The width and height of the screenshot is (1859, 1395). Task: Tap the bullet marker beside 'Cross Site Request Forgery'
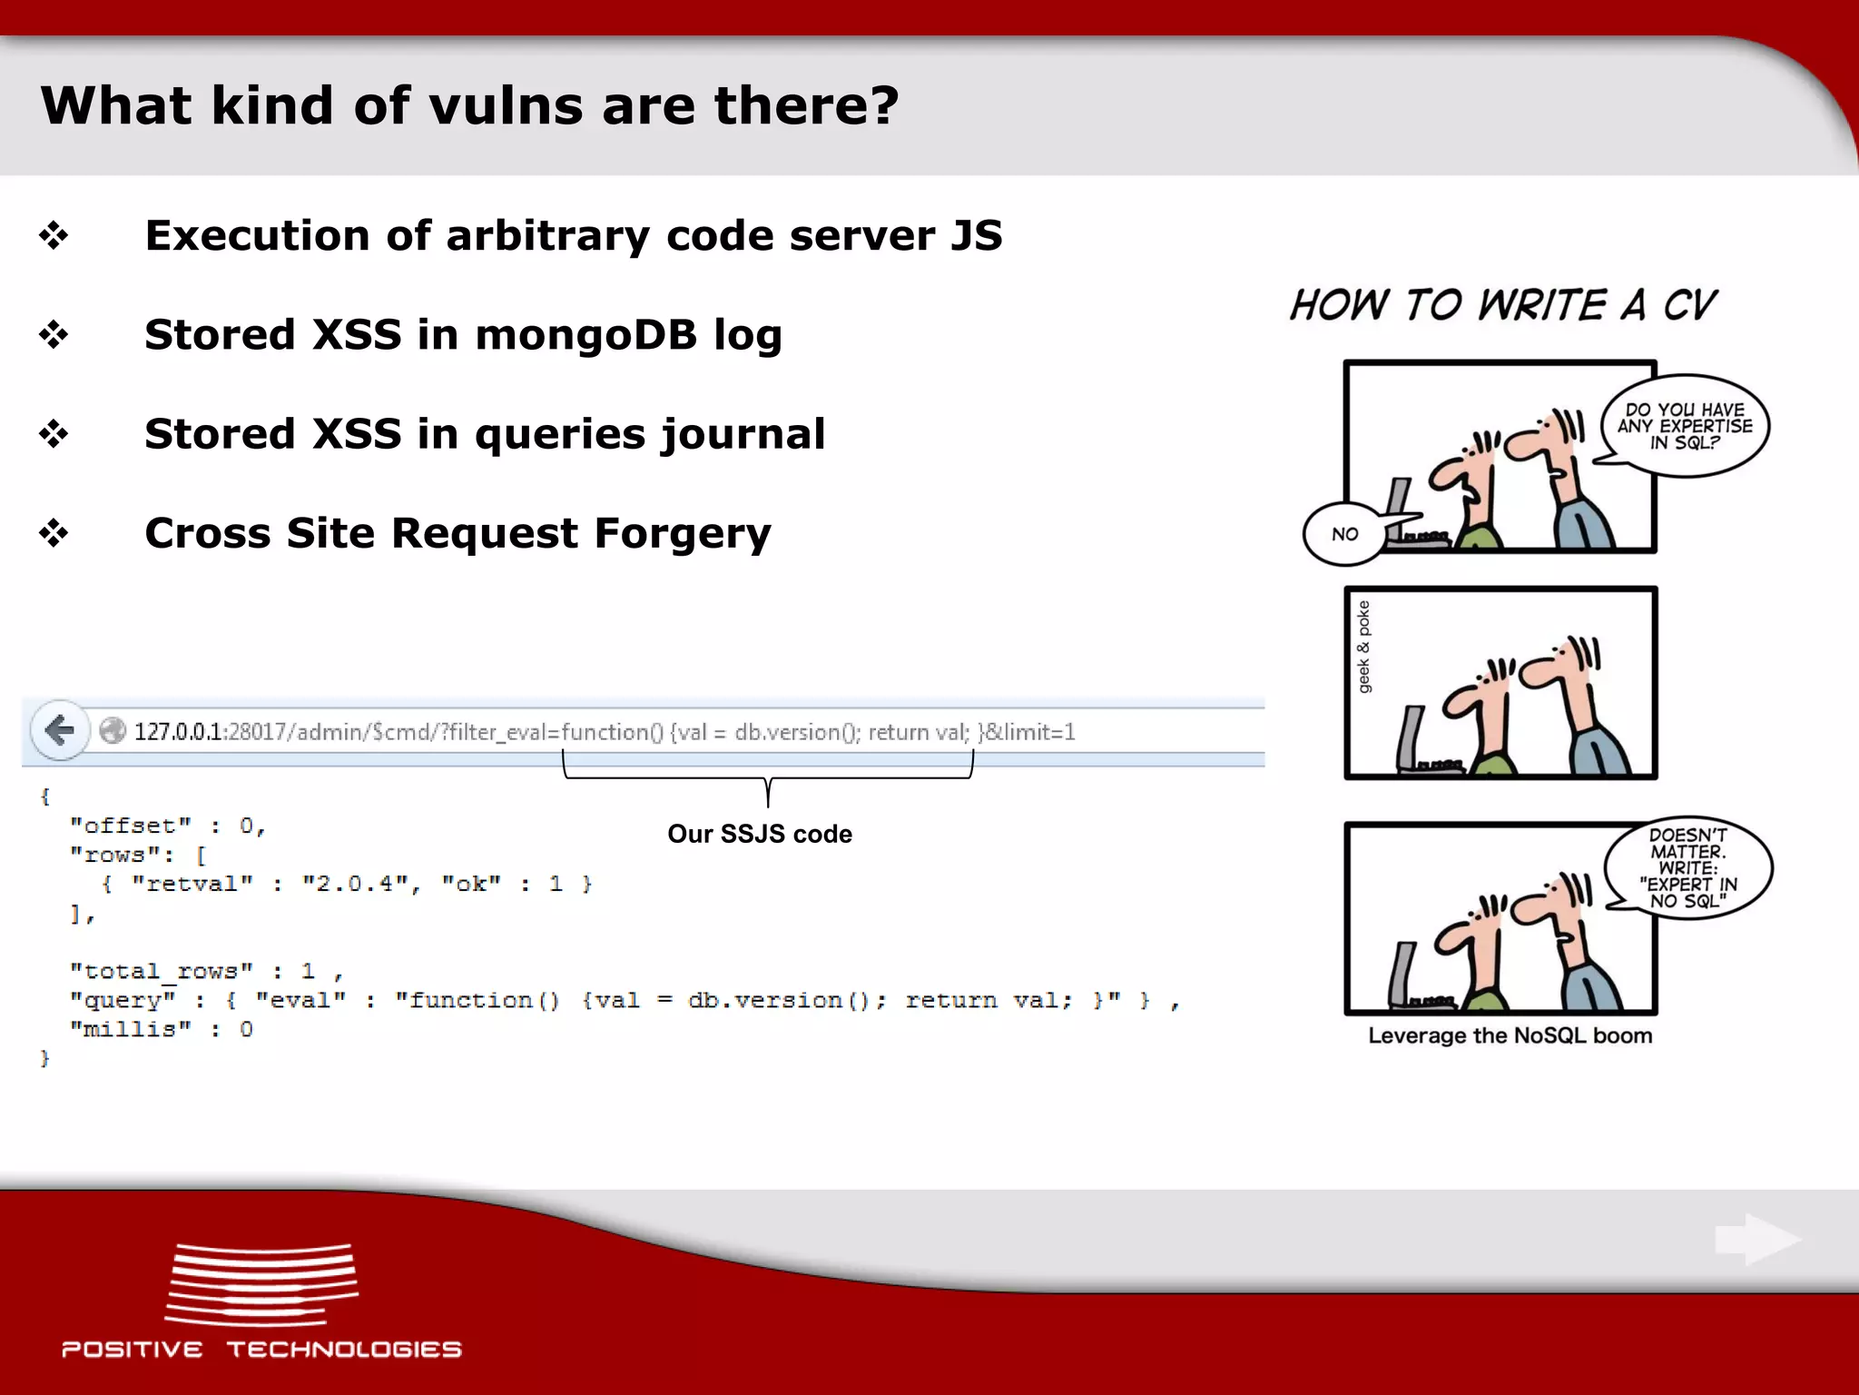tap(54, 533)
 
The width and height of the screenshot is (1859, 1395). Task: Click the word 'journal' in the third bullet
tap(743, 434)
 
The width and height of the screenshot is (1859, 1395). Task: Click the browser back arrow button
tap(60, 730)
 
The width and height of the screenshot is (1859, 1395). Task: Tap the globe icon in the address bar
tap(113, 731)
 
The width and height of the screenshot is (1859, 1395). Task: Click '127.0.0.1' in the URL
tap(178, 732)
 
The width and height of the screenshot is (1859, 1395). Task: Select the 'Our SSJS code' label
tap(760, 834)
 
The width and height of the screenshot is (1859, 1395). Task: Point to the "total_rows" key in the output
tap(162, 971)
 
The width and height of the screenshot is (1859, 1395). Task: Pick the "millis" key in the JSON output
tap(131, 1029)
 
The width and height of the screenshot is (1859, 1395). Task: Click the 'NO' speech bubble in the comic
tap(1344, 534)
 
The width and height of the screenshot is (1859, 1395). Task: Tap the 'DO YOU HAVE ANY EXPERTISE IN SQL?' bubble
tap(1685, 426)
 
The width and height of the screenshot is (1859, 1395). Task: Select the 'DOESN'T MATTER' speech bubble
tap(1688, 867)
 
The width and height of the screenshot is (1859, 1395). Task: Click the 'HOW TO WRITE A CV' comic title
tap(1503, 305)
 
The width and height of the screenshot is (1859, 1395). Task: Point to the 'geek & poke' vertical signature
tap(1363, 647)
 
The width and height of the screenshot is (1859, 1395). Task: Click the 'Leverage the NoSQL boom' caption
tap(1510, 1036)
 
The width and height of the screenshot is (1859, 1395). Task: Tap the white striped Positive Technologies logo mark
tap(261, 1284)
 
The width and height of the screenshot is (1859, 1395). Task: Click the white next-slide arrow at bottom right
tap(1757, 1240)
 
